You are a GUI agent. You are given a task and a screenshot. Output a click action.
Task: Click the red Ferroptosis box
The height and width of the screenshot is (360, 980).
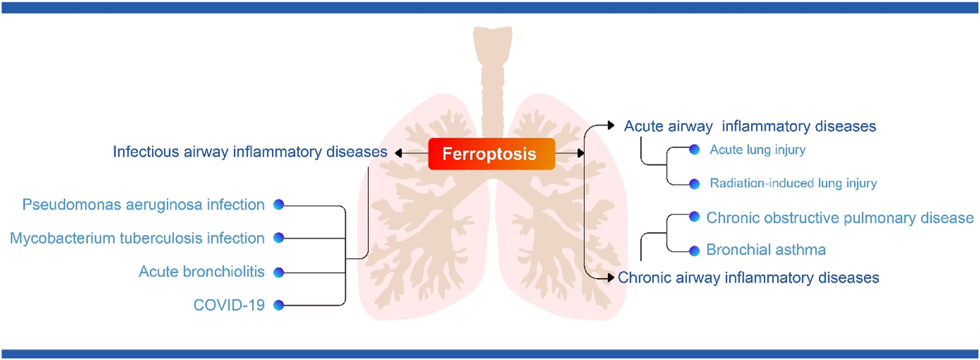click(x=491, y=154)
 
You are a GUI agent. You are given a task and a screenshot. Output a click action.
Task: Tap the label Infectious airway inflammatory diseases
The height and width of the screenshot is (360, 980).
click(x=250, y=152)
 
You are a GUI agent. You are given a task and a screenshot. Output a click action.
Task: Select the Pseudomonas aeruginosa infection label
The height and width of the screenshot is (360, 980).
click(x=143, y=205)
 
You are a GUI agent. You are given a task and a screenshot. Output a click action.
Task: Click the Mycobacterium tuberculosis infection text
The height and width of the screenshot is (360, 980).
click(x=137, y=238)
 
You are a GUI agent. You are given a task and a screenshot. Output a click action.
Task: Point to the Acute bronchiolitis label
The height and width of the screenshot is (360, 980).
click(x=201, y=271)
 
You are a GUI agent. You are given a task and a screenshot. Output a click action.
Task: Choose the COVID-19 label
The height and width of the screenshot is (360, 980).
click(x=229, y=305)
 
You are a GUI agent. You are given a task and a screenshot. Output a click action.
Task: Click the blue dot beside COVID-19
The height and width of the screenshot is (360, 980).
click(x=279, y=305)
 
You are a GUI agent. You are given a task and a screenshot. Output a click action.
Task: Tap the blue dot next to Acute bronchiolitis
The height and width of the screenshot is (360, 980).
click(x=279, y=272)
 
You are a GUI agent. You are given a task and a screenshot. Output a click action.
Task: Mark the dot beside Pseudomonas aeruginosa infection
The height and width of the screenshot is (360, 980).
click(x=279, y=205)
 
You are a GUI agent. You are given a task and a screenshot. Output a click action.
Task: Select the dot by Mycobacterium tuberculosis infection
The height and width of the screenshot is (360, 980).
click(x=279, y=238)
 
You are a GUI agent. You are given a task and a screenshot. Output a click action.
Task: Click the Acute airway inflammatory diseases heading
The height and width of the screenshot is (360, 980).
click(x=749, y=127)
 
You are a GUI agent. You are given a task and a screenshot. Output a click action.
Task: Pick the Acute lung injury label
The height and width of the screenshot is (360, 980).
click(x=757, y=150)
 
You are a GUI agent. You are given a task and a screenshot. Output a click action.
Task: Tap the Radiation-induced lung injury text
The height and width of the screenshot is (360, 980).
click(x=793, y=184)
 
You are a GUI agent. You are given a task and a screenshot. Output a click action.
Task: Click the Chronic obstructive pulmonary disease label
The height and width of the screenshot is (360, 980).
click(x=839, y=218)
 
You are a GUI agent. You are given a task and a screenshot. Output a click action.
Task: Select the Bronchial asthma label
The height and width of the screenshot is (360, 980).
click(x=765, y=250)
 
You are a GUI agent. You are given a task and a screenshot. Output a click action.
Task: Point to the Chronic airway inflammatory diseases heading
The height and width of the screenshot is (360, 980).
click(x=748, y=278)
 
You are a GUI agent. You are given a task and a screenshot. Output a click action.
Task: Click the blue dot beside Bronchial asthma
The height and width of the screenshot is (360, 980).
click(x=694, y=251)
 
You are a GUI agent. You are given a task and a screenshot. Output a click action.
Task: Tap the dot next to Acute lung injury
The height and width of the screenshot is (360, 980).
click(x=694, y=150)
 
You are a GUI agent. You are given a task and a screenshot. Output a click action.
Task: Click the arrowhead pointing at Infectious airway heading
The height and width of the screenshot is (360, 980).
click(x=399, y=154)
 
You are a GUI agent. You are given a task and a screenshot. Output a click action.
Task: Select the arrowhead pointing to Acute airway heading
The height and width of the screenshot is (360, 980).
click(x=611, y=126)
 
